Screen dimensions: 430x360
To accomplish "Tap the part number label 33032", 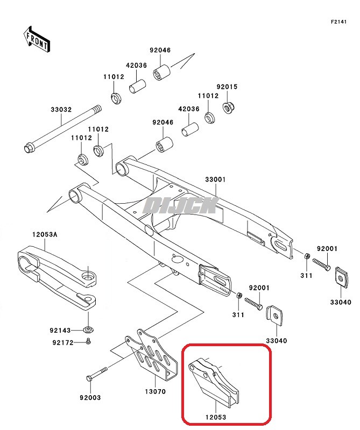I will click(61, 109).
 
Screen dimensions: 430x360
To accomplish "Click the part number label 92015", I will click(227, 87).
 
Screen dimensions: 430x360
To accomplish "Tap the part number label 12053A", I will click(45, 234).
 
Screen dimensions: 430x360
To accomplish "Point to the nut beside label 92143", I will click(88, 329).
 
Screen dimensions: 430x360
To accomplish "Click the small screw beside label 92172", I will click(88, 341).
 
